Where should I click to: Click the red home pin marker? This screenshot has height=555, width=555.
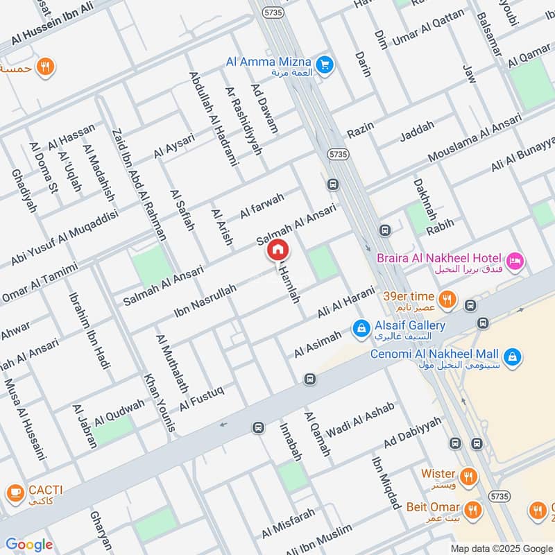coord(277,250)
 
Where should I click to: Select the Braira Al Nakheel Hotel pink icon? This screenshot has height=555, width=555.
coord(515,262)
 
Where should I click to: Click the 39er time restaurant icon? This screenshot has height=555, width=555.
coord(449,300)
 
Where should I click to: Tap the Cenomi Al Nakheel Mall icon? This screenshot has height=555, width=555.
coord(513,357)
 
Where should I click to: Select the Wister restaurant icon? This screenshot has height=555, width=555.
coord(469,477)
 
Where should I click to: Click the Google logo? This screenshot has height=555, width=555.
coord(28,545)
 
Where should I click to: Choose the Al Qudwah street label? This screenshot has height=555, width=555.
coord(120,413)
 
